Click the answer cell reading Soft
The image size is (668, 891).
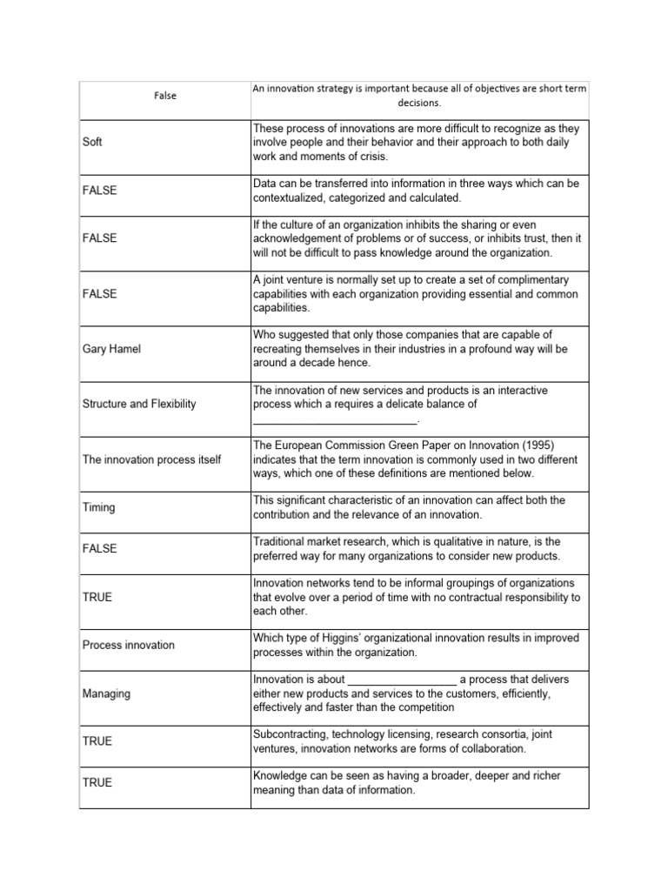pos(92,142)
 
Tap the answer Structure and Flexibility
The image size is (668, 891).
pos(139,404)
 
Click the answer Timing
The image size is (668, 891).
pos(98,507)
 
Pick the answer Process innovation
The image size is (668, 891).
pos(128,645)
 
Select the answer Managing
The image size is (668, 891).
pos(106,693)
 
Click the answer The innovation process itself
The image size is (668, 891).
pos(151,459)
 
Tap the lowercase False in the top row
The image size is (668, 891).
pos(164,96)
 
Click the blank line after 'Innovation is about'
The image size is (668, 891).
pos(401,680)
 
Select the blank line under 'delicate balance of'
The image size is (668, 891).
pos(335,419)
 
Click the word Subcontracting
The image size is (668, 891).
pos(293,734)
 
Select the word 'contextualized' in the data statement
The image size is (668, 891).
pos(292,198)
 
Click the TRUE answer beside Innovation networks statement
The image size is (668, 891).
pos(97,598)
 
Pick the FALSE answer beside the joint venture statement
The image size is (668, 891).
pos(99,294)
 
